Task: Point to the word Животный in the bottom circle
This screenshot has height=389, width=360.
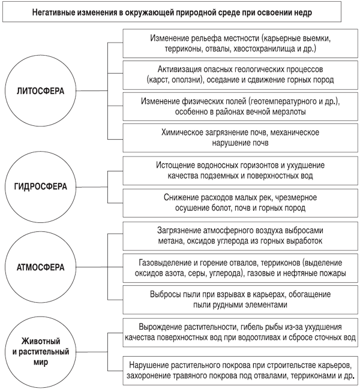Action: (x=41, y=341)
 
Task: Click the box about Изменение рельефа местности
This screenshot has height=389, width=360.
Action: (x=241, y=43)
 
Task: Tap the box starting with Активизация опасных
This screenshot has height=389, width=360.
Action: (x=241, y=75)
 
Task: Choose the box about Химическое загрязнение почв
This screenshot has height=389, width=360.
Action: (x=241, y=138)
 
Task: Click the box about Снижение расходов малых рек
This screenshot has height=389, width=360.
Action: (x=241, y=203)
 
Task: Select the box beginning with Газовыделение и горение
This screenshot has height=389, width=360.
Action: (x=241, y=268)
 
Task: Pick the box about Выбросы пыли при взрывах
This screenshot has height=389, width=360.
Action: (x=241, y=300)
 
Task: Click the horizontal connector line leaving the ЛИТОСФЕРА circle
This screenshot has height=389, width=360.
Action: (x=92, y=91)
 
